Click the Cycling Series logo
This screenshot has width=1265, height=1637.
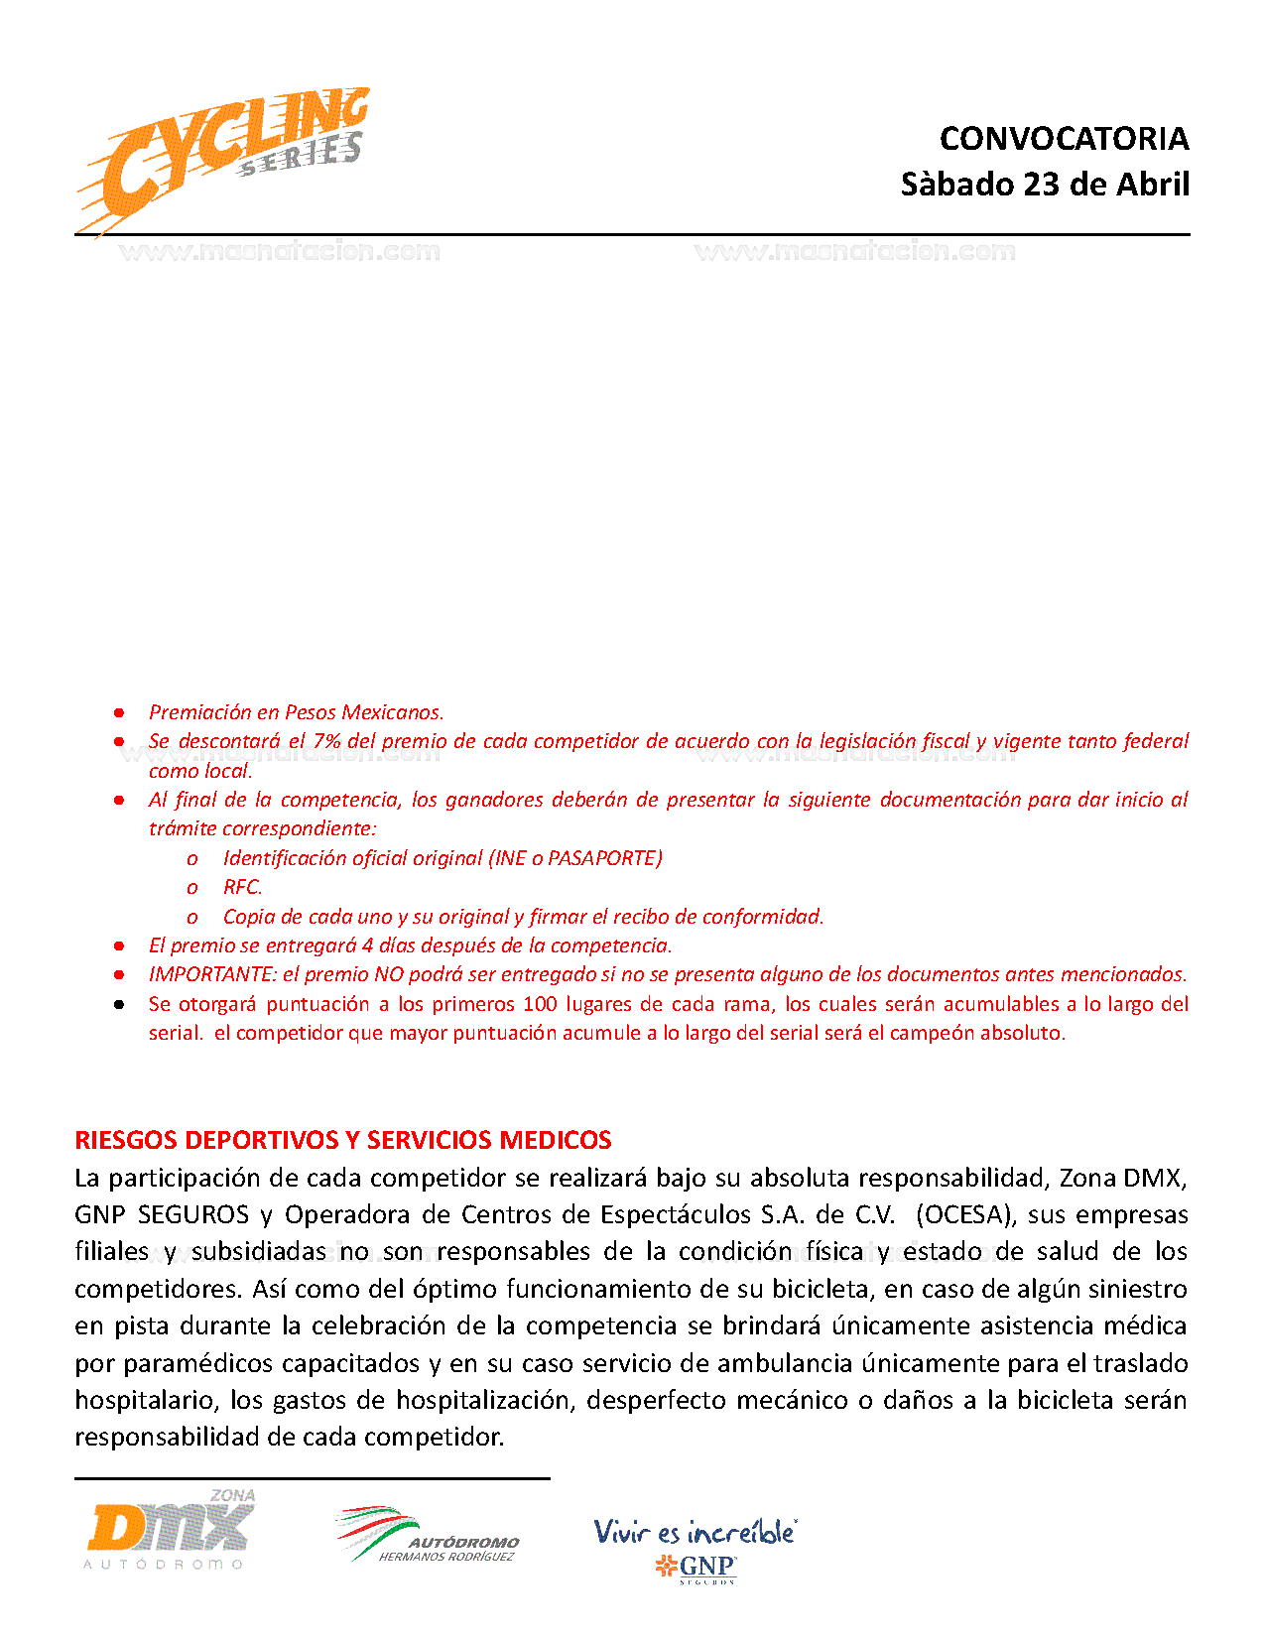[223, 159]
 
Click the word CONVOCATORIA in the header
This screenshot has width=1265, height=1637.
[1064, 139]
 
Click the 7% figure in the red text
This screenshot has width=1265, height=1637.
[327, 741]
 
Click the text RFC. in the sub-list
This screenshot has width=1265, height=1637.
[243, 887]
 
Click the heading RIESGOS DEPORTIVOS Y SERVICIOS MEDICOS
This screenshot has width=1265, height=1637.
[343, 1140]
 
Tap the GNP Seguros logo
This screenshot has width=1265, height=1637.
[696, 1568]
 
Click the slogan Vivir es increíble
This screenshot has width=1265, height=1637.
[695, 1532]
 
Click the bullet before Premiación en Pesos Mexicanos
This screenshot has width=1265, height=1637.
[119, 712]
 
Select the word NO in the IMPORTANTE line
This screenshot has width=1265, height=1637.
[389, 974]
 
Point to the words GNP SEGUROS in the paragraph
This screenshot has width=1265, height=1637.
[162, 1214]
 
